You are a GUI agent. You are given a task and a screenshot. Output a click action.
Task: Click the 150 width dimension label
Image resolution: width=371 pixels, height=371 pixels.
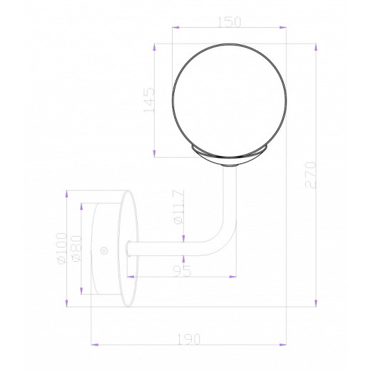point(228,22)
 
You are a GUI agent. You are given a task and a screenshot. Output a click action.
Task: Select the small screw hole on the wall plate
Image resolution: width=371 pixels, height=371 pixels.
point(105,250)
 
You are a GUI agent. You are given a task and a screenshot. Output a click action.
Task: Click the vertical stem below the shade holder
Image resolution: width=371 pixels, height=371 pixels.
point(230,193)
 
